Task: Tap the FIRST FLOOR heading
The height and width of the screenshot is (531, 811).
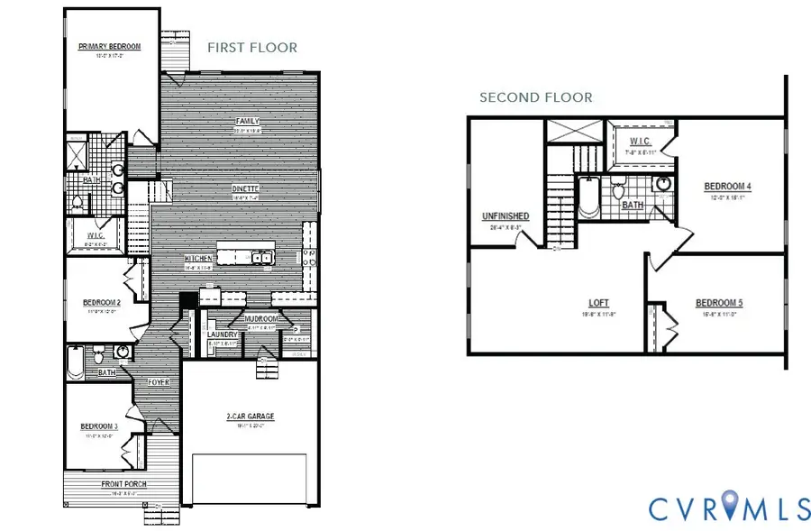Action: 252,47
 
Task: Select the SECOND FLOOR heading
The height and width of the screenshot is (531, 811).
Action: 535,97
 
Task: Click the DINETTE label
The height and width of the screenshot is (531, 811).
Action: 245,188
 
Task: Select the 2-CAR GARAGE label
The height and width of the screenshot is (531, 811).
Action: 250,417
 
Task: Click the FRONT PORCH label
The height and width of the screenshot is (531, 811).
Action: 124,484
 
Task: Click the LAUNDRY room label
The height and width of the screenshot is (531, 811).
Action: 222,335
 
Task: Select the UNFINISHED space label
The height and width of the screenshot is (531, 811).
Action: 506,217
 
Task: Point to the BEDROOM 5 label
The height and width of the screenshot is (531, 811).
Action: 718,304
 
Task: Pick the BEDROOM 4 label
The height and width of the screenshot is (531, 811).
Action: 727,187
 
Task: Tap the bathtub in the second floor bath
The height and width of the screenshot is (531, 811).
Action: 588,200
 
